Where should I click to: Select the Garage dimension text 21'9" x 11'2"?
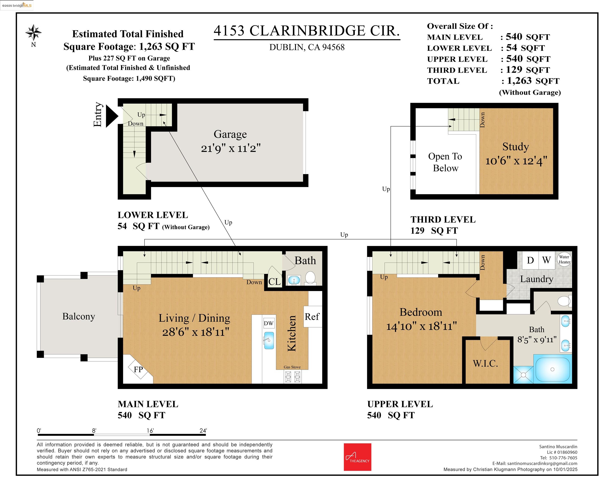(x=231, y=148)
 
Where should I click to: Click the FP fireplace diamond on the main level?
(x=139, y=369)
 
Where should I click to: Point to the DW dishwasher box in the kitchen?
(x=269, y=323)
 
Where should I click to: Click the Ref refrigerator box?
(x=312, y=317)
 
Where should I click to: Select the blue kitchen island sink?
(x=269, y=341)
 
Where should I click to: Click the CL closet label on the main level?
(x=275, y=282)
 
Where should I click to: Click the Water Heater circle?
(x=564, y=259)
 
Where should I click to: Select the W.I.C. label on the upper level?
(x=485, y=364)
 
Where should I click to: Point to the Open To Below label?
(x=445, y=162)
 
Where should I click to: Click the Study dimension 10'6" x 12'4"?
(x=516, y=161)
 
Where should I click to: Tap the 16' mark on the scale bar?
(x=150, y=431)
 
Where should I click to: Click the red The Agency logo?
(x=357, y=457)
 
